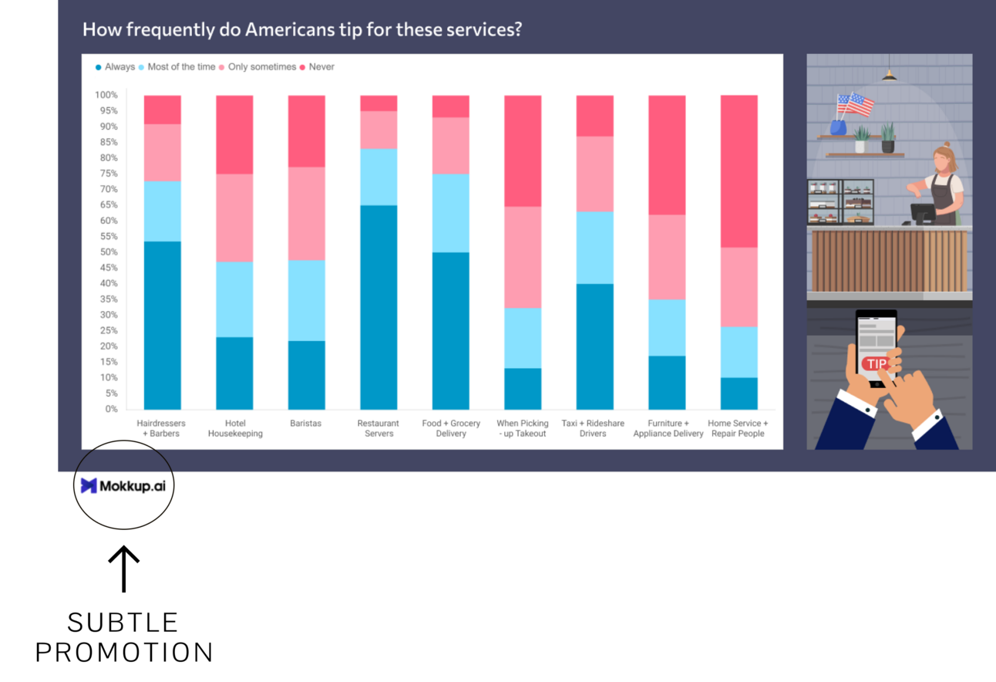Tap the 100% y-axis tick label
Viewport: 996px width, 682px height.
coord(106,95)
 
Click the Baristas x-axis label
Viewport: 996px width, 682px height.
coord(306,424)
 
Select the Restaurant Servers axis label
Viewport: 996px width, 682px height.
coord(379,428)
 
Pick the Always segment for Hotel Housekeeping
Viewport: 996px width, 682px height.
coord(234,373)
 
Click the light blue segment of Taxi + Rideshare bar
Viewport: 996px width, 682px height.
coord(594,248)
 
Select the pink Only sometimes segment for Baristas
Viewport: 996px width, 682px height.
coord(306,214)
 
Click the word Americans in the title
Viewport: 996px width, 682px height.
coord(288,30)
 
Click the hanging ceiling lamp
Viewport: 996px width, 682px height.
coord(890,74)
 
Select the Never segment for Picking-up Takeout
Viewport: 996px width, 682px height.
coord(523,151)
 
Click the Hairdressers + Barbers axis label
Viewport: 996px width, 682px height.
coord(162,428)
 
